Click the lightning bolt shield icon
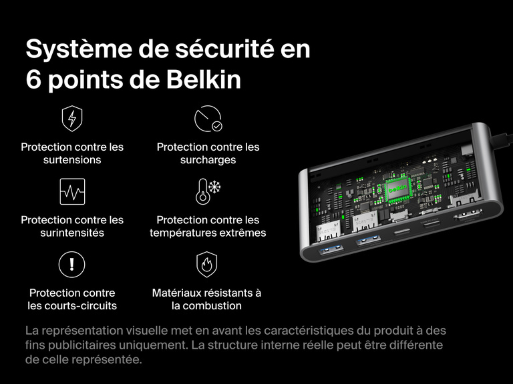[x=72, y=119]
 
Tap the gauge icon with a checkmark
[x=208, y=119]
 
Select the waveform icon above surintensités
[x=72, y=192]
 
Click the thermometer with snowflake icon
[x=208, y=192]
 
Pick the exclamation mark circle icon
[x=72, y=265]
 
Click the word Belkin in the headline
[x=202, y=80]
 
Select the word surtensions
[x=72, y=160]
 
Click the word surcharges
[x=208, y=160]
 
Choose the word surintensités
[x=72, y=233]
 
